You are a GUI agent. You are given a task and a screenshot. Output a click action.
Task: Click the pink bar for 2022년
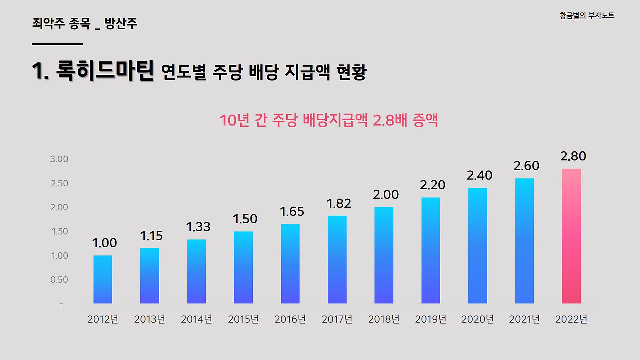click(571, 236)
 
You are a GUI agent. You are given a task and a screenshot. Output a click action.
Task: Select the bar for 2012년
click(103, 279)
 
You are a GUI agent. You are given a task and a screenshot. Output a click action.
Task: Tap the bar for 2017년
click(337, 259)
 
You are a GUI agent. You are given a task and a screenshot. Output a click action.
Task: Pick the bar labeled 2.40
click(478, 245)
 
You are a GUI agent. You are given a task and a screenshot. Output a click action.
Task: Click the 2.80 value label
click(573, 156)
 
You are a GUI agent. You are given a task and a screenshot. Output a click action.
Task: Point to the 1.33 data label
click(198, 227)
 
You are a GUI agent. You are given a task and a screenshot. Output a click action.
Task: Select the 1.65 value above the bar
click(292, 211)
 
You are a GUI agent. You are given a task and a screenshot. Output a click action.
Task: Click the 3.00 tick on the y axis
click(59, 159)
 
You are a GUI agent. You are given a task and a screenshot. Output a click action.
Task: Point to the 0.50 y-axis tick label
click(59, 280)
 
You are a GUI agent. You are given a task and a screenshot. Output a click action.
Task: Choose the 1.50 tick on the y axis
click(59, 231)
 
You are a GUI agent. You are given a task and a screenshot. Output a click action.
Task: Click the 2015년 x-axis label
click(243, 319)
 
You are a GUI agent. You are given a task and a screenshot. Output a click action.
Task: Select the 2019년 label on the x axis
click(431, 319)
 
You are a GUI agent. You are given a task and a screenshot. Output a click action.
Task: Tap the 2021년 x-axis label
click(524, 319)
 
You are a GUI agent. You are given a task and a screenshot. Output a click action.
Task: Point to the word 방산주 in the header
click(121, 23)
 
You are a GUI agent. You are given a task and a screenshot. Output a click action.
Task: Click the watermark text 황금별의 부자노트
click(587, 16)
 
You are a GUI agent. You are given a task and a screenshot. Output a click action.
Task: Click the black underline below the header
click(57, 44)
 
